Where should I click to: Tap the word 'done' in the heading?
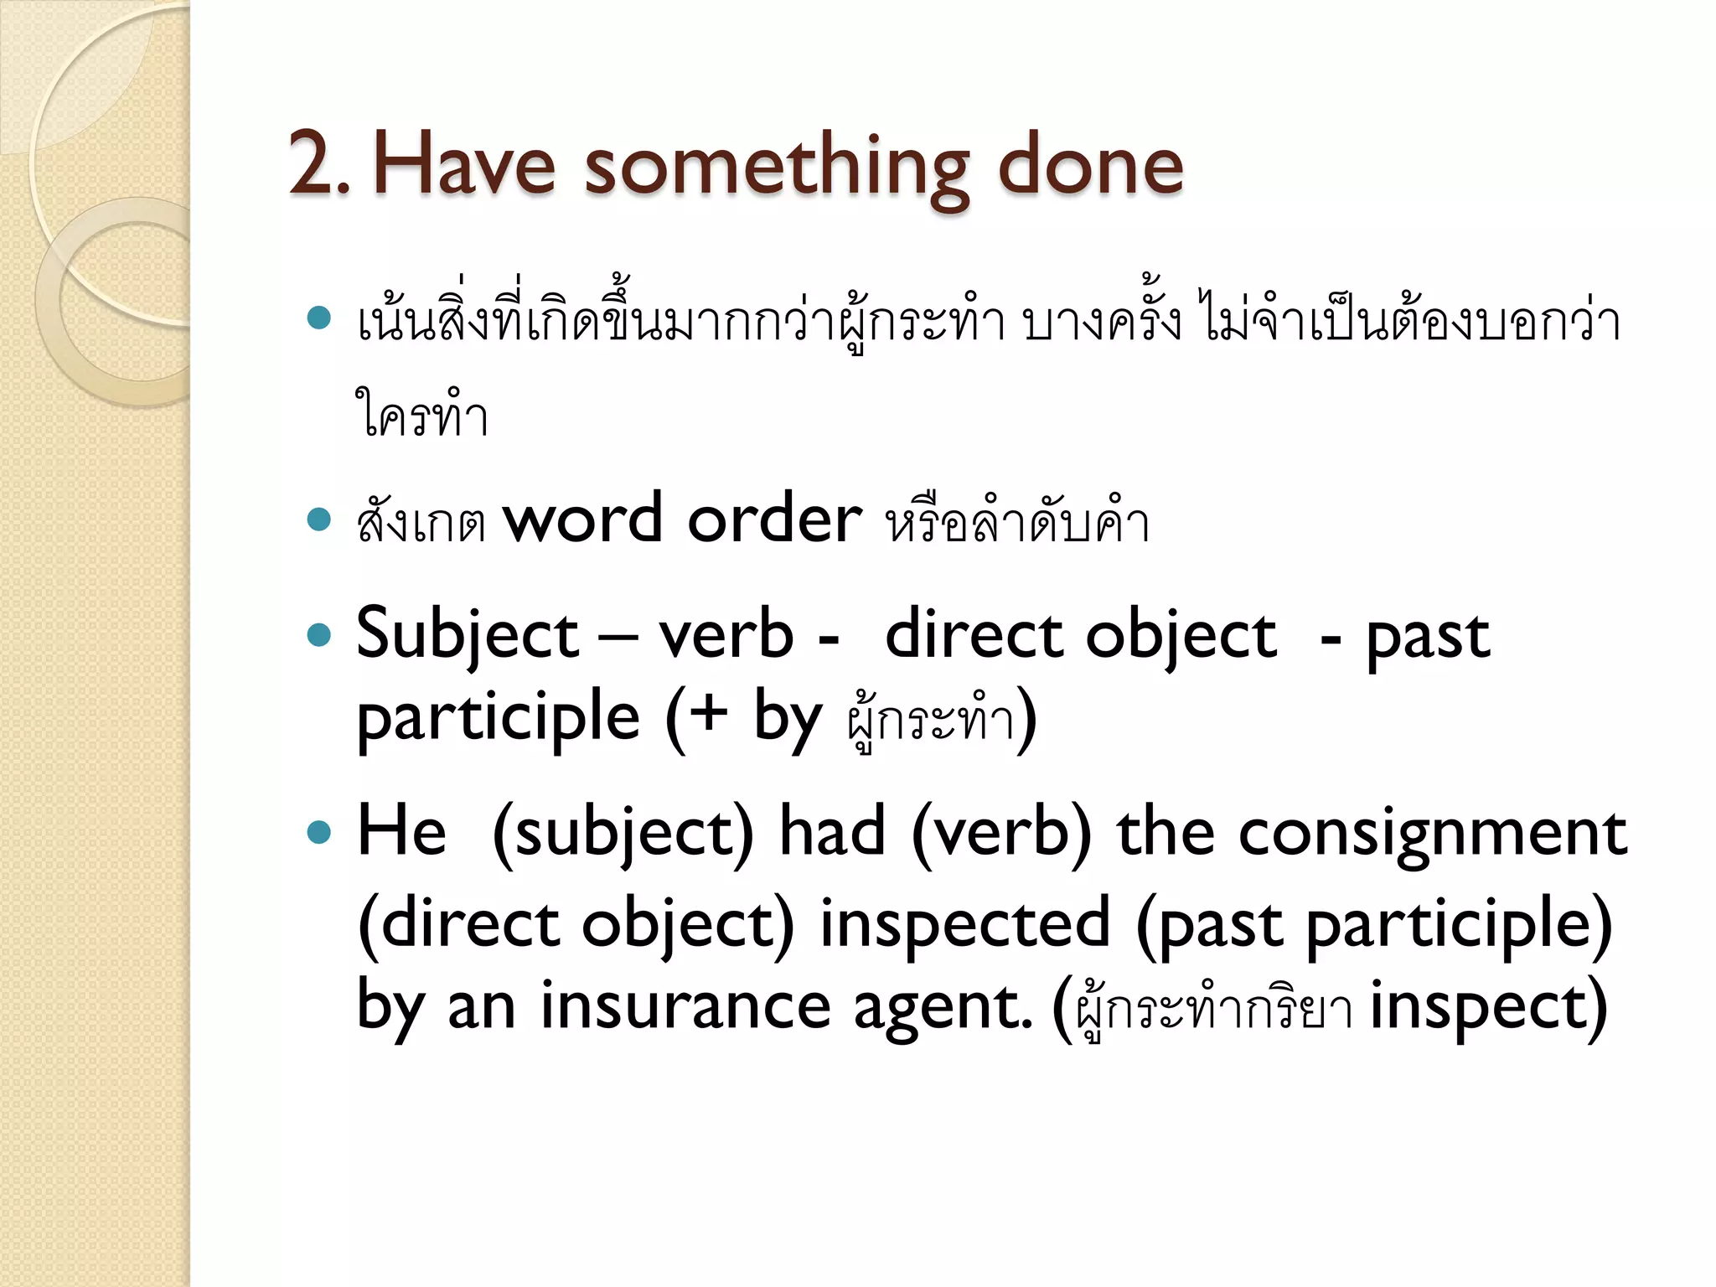(x=1090, y=165)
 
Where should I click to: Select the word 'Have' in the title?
(x=463, y=165)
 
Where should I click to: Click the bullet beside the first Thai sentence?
(x=318, y=318)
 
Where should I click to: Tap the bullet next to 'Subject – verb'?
(x=318, y=635)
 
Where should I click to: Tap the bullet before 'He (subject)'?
(x=318, y=832)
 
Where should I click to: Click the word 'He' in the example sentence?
(x=401, y=832)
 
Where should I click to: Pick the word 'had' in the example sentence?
(x=831, y=832)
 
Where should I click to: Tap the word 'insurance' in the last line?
(x=685, y=1006)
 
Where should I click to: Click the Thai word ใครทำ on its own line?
(x=421, y=414)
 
